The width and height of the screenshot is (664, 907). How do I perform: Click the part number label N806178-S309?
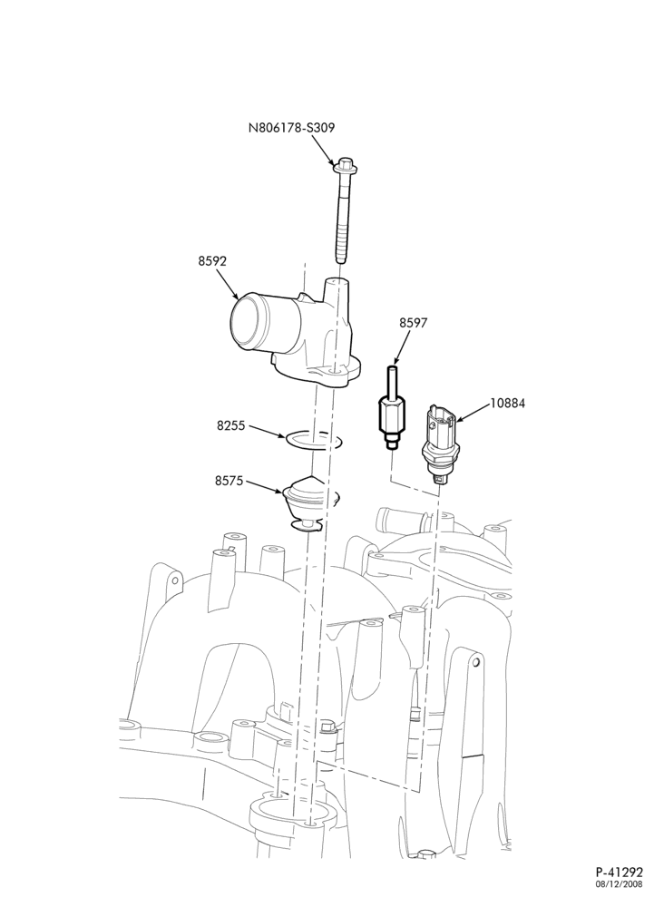[291, 127]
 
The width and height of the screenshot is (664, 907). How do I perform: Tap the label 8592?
[212, 261]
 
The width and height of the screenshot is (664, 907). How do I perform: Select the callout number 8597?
[413, 323]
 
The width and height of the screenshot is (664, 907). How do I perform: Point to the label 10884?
[508, 404]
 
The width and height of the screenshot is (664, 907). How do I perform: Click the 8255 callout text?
[230, 425]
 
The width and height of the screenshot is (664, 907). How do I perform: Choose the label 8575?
[229, 481]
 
